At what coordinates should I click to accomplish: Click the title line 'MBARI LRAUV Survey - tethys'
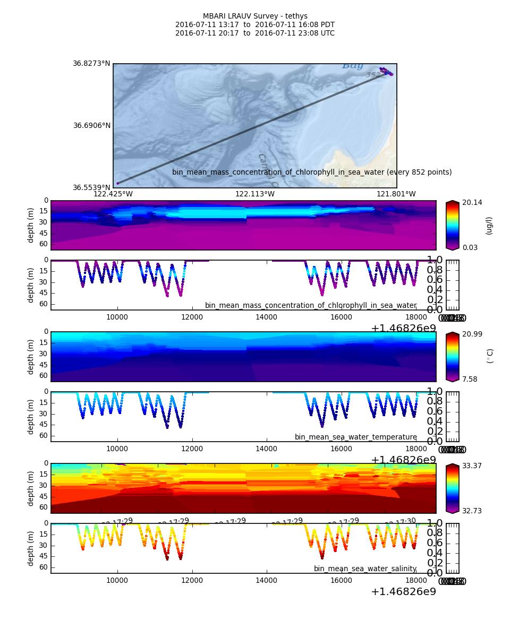(x=255, y=16)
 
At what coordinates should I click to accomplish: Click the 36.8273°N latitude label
(x=91, y=64)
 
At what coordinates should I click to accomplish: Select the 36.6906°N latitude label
(x=91, y=126)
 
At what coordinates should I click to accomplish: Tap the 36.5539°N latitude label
(x=91, y=187)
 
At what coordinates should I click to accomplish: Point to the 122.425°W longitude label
(x=113, y=194)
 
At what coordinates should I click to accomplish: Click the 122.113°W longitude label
(x=255, y=194)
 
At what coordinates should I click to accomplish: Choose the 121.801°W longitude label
(x=396, y=194)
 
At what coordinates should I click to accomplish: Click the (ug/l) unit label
(x=489, y=225)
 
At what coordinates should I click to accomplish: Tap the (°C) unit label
(x=490, y=356)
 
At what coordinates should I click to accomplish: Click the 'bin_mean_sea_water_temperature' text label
(x=356, y=437)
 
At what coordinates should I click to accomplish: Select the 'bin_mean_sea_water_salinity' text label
(x=365, y=569)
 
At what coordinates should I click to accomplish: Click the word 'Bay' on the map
(x=352, y=66)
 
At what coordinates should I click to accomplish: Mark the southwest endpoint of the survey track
(x=117, y=183)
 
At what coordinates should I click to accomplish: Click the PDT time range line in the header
(x=255, y=25)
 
